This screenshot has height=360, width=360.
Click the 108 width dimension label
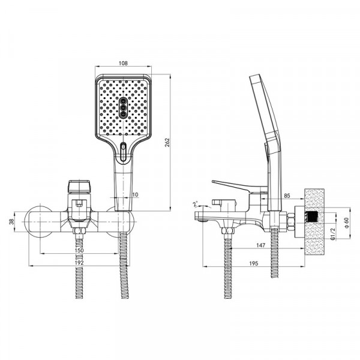[x=123, y=63]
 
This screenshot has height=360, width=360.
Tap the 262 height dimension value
[x=167, y=142]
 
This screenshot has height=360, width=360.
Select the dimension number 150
[x=79, y=250]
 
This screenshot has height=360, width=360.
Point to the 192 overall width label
[x=79, y=263]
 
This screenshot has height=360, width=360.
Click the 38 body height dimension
[x=12, y=222]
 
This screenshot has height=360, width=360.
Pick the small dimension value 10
[x=136, y=194]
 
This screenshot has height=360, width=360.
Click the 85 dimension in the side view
[x=287, y=196]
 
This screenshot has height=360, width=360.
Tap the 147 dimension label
[x=261, y=245]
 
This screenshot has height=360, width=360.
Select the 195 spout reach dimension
[x=254, y=263]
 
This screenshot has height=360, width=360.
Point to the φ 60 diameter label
[x=346, y=223]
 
